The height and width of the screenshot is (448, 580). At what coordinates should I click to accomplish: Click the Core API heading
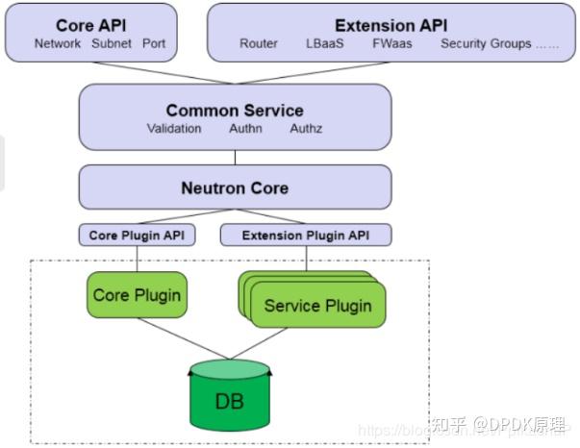tap(90, 25)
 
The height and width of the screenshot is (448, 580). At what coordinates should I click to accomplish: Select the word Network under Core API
tap(58, 43)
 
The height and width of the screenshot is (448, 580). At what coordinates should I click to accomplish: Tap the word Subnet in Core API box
tap(112, 43)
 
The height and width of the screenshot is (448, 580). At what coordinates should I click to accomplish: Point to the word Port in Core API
tap(154, 43)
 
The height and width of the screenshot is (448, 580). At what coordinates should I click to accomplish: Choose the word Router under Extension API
tap(259, 43)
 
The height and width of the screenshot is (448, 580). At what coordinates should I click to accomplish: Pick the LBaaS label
tap(324, 43)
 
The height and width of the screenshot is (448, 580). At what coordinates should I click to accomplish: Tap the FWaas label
tap(391, 43)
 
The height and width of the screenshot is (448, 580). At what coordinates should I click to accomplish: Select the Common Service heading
tap(235, 111)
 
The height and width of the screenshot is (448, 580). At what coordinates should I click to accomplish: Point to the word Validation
tap(174, 128)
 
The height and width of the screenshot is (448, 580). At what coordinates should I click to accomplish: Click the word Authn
tap(245, 128)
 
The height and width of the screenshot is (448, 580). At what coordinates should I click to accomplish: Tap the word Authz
tap(305, 128)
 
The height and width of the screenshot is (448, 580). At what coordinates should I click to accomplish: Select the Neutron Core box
tap(235, 187)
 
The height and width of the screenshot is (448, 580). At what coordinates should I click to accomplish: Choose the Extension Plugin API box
tap(307, 235)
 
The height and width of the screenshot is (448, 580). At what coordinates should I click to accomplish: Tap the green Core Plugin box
tap(138, 294)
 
